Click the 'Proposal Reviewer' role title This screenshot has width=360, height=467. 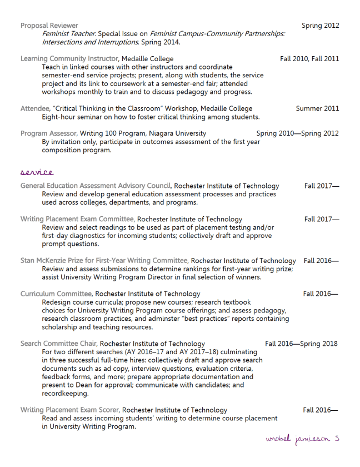coord(49,26)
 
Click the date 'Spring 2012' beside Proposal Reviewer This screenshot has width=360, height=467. coord(320,26)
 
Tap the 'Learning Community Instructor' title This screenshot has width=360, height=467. coord(69,58)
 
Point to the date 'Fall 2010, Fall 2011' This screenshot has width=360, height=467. coord(309,58)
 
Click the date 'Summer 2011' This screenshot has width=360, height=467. coord(317,108)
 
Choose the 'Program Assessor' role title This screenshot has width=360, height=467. coord(48,133)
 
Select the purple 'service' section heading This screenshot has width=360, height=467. coord(37,173)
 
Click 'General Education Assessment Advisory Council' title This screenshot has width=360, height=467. coord(96,186)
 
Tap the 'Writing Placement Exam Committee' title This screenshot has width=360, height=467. coord(77,219)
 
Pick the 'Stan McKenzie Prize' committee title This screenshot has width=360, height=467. coord(104,261)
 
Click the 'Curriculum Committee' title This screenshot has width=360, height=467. coord(56,294)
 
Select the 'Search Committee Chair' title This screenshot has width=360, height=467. coord(58,344)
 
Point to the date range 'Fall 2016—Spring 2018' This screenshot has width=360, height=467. coord(301,344)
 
